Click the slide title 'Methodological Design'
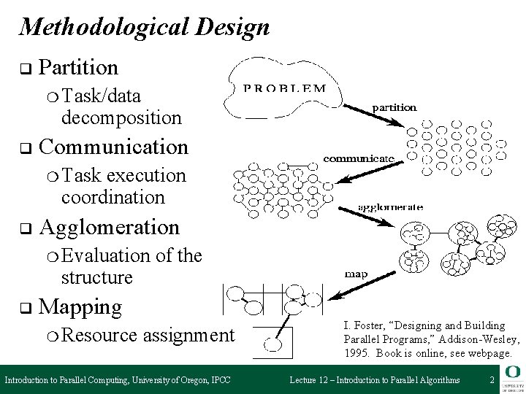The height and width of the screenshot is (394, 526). [145, 27]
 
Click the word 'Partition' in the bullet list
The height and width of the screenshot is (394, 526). [78, 68]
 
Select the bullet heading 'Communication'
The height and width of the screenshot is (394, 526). [113, 147]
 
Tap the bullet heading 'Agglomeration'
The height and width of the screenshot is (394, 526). [109, 227]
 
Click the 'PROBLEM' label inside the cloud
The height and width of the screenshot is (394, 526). [285, 89]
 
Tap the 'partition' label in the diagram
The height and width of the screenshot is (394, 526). [394, 107]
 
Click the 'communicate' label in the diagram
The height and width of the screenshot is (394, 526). [359, 158]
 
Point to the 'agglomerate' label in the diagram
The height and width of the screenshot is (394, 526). [390, 206]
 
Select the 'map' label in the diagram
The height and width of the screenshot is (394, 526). [356, 274]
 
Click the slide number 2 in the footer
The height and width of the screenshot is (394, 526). [492, 380]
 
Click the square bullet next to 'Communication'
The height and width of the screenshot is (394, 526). [23, 149]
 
